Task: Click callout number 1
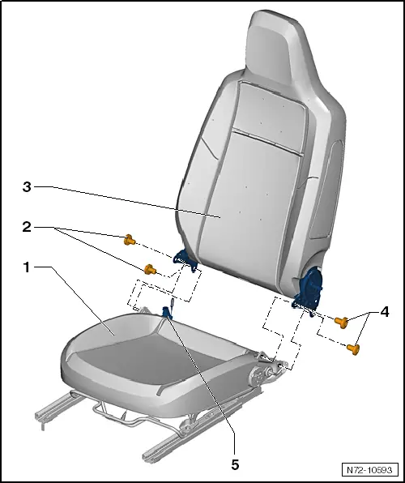click(x=28, y=267)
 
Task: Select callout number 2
click(x=28, y=229)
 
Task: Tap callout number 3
click(x=28, y=186)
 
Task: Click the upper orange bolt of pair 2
click(x=129, y=239)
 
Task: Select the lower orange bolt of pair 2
click(x=150, y=269)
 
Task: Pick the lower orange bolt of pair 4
click(x=353, y=348)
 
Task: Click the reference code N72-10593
click(x=370, y=469)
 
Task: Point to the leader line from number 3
click(x=122, y=199)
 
